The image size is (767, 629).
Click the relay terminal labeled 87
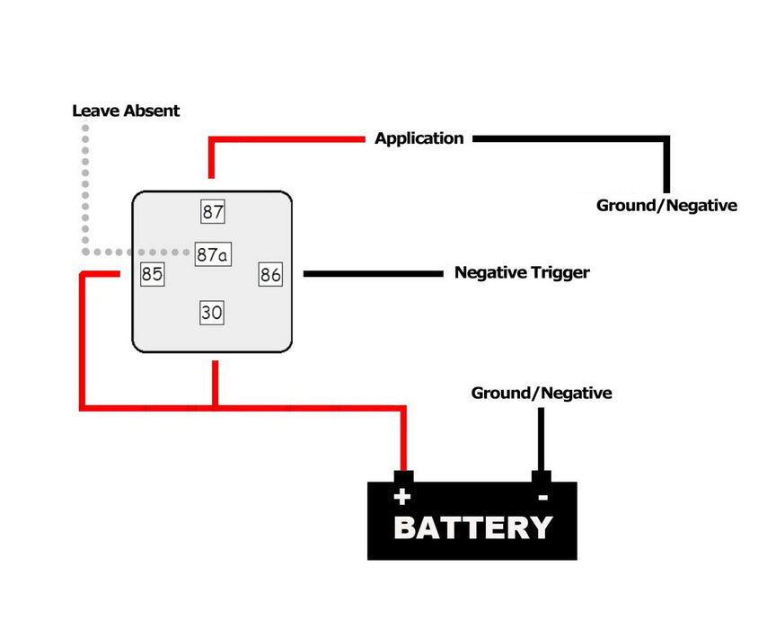tap(213, 211)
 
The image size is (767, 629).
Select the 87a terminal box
tap(213, 254)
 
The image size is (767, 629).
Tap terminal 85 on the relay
tap(152, 274)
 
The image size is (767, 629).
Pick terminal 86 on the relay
tap(270, 274)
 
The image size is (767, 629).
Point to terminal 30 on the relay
tap(212, 313)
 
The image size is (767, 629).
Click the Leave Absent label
tap(126, 111)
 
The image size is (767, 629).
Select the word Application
tap(419, 138)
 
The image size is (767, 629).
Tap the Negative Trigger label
tap(522, 272)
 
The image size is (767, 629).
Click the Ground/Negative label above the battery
tap(542, 393)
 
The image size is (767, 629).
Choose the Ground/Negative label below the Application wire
tap(666, 205)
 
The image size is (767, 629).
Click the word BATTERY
tap(473, 527)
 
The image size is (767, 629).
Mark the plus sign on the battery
tap(402, 497)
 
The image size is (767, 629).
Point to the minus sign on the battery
tap(542, 498)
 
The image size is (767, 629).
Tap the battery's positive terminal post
tap(403, 476)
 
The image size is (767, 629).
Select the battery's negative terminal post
tap(541, 476)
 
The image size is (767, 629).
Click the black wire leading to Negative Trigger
tap(374, 274)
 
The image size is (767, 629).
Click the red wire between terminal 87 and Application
tap(211, 139)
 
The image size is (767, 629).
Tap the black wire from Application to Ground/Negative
tap(666, 139)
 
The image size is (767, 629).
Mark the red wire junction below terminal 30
tap(215, 407)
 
